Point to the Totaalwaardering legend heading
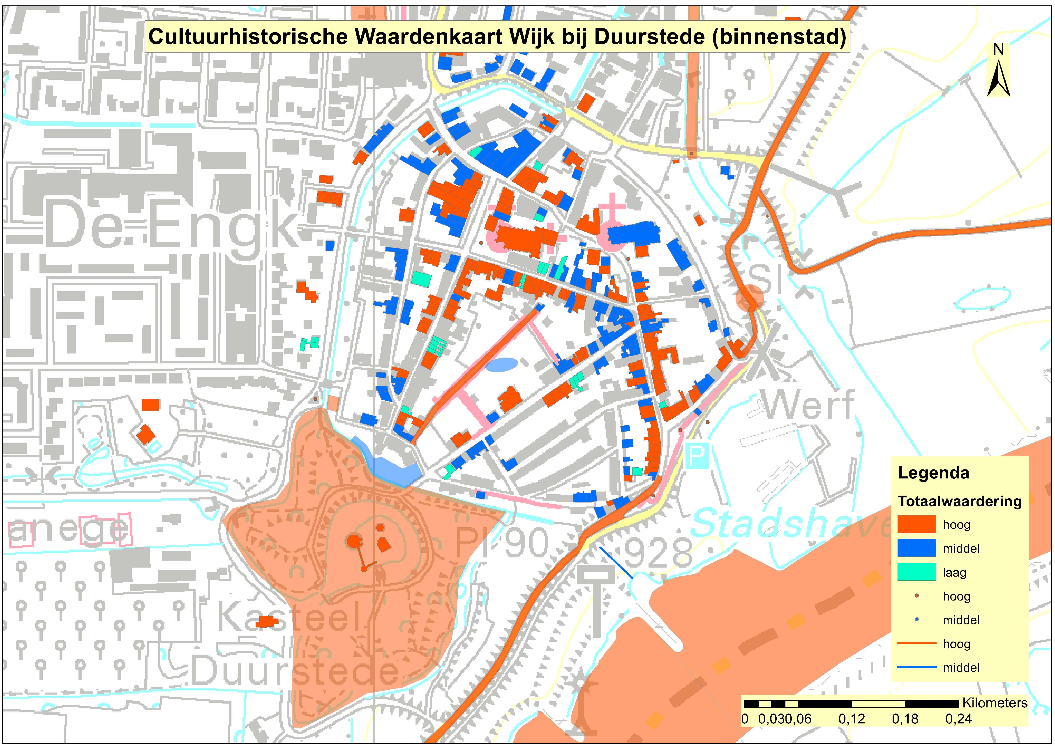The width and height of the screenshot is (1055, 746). pyautogui.click(x=959, y=501)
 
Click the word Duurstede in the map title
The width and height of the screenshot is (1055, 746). pyautogui.click(x=649, y=37)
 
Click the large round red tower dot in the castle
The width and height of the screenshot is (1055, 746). pyautogui.click(x=353, y=541)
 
